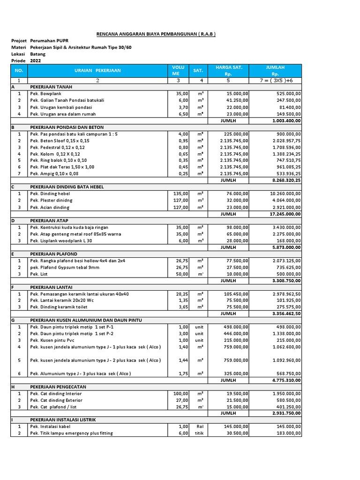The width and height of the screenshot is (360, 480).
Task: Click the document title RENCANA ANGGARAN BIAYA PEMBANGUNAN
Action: pos(156,34)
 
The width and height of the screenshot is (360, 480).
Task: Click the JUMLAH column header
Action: pos(275,70)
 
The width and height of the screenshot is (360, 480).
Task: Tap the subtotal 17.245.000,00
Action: pos(283,213)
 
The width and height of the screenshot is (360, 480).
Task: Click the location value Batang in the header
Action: pos(38,54)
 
